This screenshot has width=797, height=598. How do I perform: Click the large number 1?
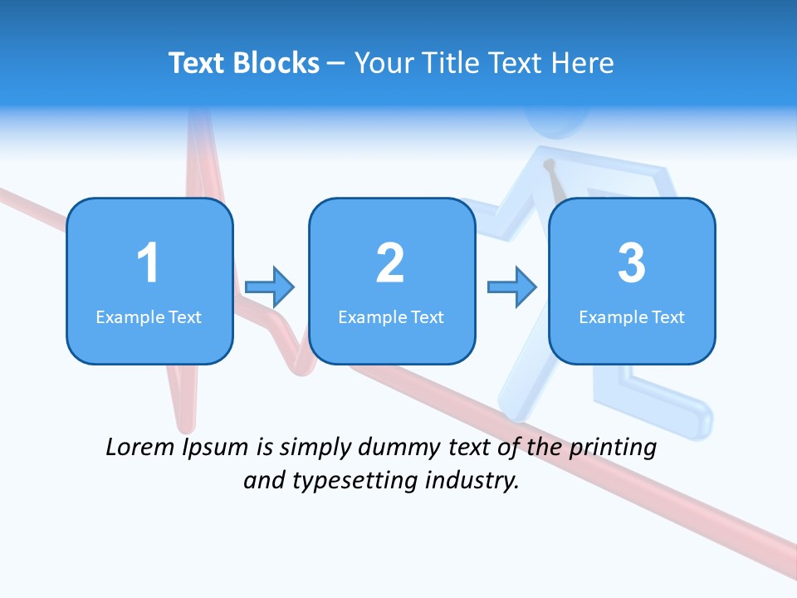click(x=148, y=263)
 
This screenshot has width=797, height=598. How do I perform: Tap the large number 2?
click(x=390, y=263)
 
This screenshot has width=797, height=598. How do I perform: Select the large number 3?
click(x=632, y=263)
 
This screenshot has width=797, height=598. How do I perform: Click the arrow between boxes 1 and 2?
click(x=270, y=287)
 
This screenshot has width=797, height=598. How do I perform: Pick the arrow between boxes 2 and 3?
click(x=512, y=287)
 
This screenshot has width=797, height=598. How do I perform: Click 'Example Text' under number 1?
click(x=149, y=316)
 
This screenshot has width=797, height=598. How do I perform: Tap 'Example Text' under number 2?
click(x=391, y=316)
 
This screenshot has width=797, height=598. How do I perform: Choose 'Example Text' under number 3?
click(x=632, y=316)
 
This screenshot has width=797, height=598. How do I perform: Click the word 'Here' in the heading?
click(x=584, y=63)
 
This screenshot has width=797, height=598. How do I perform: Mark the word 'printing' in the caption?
click(x=613, y=448)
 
